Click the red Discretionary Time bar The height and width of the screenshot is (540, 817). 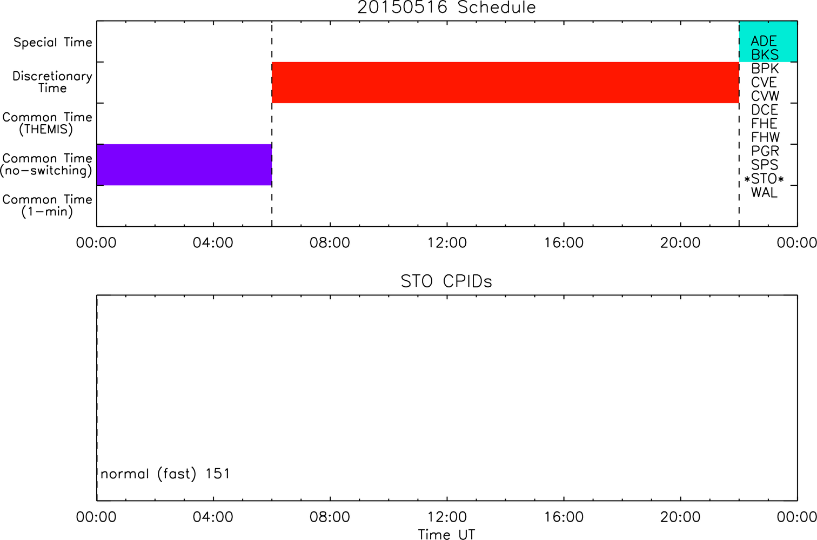coord(505,83)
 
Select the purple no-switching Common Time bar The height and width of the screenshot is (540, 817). coord(184,165)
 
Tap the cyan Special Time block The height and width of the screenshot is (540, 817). coord(768,41)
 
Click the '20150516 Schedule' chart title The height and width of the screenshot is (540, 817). coord(446,8)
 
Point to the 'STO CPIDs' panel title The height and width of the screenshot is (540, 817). coord(446,281)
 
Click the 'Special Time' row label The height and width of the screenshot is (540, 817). coord(53,42)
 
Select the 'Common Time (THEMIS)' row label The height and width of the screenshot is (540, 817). coord(47,123)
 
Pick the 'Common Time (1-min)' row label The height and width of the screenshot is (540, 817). coord(47,206)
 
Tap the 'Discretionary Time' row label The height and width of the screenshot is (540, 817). coord(52,82)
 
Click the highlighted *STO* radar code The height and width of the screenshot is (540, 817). coord(764,179)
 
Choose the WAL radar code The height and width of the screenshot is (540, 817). coord(764,193)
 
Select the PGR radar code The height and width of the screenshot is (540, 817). coord(765,151)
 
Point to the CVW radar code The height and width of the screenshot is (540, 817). coord(765,96)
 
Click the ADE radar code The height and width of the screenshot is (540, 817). coord(764,41)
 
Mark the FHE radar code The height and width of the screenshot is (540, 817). coord(764,124)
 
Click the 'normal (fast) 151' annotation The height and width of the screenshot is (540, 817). coord(165,474)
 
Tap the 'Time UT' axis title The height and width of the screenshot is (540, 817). coord(446,534)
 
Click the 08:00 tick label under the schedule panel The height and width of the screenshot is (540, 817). coord(330,243)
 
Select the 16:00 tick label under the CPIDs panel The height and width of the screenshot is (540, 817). coord(564,517)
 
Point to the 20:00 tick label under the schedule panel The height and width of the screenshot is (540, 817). coord(680,243)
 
